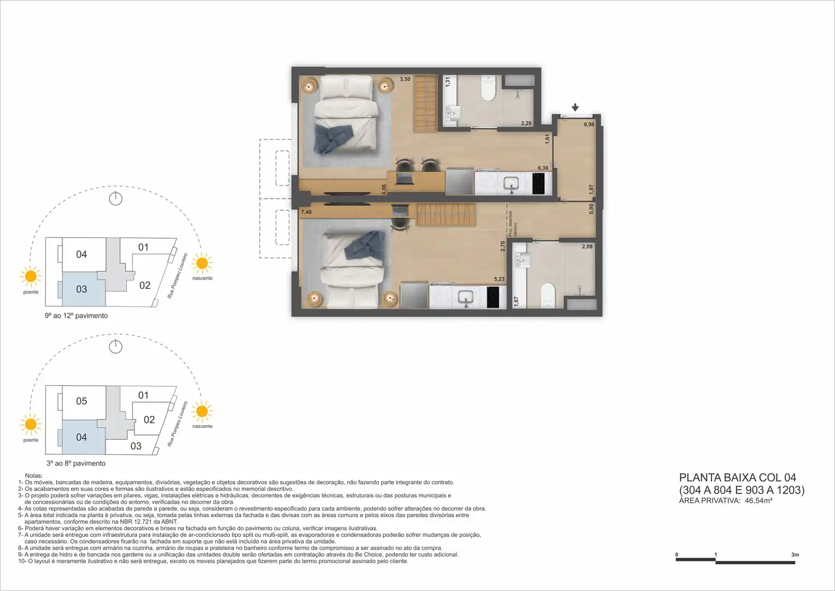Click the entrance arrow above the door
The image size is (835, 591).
pyautogui.click(x=575, y=107)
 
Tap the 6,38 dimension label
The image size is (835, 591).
pyautogui.click(x=543, y=168)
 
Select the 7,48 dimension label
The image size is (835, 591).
pyautogui.click(x=306, y=212)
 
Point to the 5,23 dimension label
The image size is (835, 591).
pyautogui.click(x=499, y=279)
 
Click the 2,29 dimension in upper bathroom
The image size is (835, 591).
pyautogui.click(x=526, y=123)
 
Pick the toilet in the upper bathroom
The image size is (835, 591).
pyautogui.click(x=488, y=89)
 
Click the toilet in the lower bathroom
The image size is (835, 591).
pyautogui.click(x=548, y=296)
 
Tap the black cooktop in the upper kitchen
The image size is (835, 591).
pyautogui.click(x=538, y=183)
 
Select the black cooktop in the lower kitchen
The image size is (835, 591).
pyautogui.click(x=493, y=297)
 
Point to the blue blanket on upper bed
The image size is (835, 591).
pyautogui.click(x=333, y=138)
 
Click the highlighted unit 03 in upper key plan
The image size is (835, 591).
pyautogui.click(x=81, y=289)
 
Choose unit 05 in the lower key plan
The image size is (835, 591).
pyautogui.click(x=81, y=401)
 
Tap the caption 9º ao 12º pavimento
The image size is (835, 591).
pyautogui.click(x=76, y=316)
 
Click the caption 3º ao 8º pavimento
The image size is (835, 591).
pyautogui.click(x=76, y=463)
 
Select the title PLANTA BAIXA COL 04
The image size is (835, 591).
pyautogui.click(x=737, y=478)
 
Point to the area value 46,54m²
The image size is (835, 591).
pyautogui.click(x=758, y=501)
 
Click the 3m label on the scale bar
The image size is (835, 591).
pyautogui.click(x=795, y=555)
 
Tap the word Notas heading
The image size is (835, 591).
pyautogui.click(x=34, y=476)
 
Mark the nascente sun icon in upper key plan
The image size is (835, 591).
pyautogui.click(x=202, y=263)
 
